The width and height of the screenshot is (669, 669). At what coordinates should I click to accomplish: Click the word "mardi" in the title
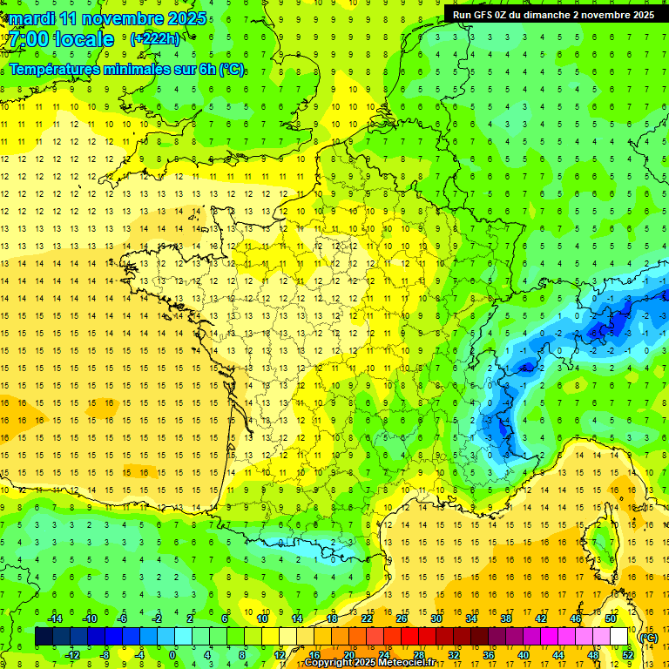coord(31,18)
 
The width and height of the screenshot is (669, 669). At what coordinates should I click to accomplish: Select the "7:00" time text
coord(30,39)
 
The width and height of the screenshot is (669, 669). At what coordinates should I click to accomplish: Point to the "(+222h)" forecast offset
coord(155,39)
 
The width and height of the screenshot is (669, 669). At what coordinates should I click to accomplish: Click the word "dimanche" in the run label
coord(555,15)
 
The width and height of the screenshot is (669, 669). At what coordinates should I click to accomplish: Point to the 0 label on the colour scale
coord(172,654)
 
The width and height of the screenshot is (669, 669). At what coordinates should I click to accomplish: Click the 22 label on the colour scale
coord(367,618)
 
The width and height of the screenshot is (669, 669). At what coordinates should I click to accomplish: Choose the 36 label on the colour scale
coord(489,654)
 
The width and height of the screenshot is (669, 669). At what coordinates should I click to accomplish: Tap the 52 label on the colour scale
coord(628,654)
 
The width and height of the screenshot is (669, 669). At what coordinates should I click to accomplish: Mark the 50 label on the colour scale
coord(611,618)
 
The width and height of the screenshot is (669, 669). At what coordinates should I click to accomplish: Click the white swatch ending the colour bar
coord(619,637)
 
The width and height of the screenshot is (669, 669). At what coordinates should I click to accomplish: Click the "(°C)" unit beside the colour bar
coord(648,637)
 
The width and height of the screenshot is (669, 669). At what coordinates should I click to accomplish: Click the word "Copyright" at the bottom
coord(332,663)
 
